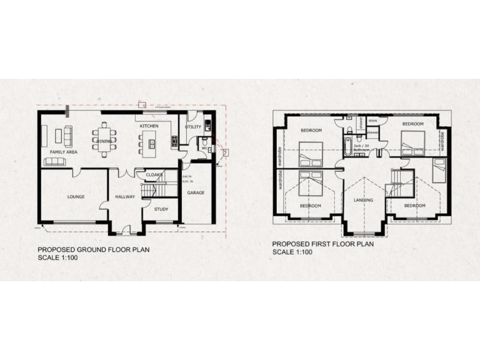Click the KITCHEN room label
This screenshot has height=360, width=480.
point(149,126)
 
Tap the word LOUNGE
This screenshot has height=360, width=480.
point(76,197)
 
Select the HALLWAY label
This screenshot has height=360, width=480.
point(126,197)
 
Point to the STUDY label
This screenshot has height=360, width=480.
point(161,209)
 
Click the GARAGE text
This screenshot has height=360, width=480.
point(196,193)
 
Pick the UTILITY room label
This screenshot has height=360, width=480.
point(193,127)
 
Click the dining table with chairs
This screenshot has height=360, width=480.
point(104,137)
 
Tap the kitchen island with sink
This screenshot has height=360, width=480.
point(150,148)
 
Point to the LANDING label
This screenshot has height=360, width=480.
point(363,201)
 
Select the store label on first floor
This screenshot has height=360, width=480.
point(373,120)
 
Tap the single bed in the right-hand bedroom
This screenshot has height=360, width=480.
point(439,169)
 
